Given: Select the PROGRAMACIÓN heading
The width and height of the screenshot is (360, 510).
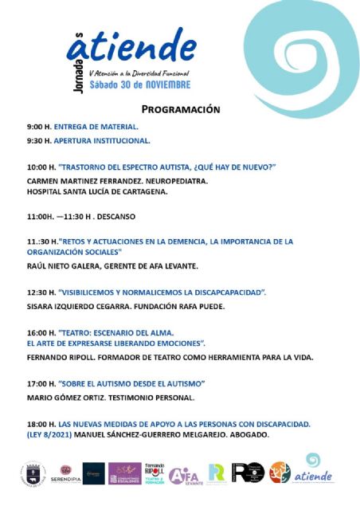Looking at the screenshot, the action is coord(181,109).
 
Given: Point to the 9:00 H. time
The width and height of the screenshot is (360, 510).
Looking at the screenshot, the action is coord(38,127).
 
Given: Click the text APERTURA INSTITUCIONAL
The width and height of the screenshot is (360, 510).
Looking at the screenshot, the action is coord(102,140).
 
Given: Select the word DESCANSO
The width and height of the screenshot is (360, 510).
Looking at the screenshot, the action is coord(116,216).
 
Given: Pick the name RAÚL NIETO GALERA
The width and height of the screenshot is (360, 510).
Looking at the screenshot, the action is coord(65,265).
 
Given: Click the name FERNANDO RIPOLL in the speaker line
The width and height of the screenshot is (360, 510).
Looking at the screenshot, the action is coord(60,358).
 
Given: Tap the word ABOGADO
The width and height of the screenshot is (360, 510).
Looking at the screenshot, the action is coord(247,435).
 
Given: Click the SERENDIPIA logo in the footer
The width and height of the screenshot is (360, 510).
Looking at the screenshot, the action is coord(66,473).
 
